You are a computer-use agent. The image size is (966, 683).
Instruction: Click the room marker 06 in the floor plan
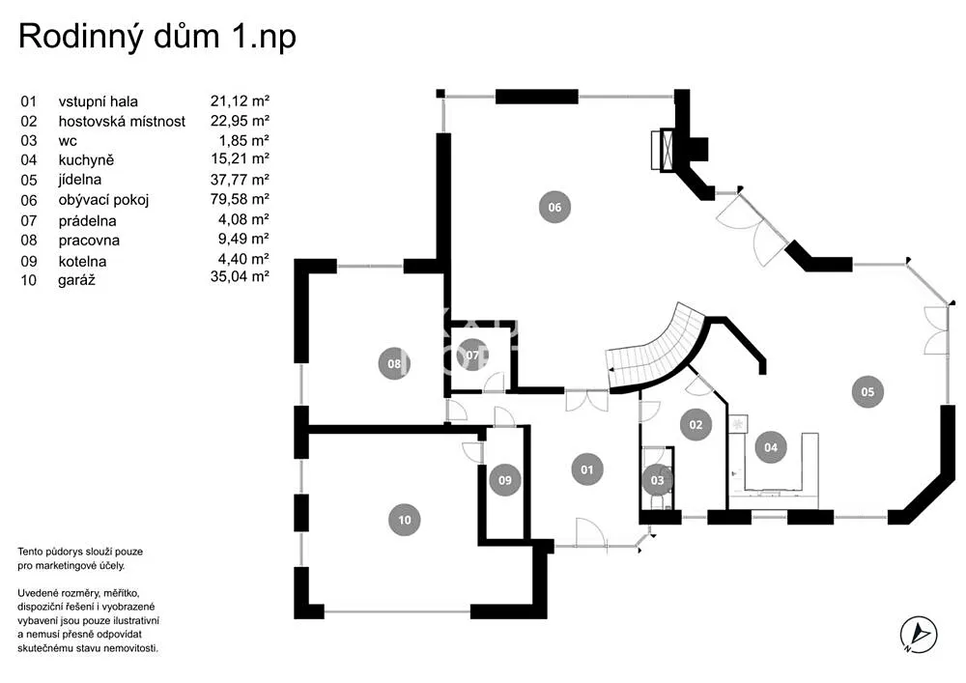point(554,207)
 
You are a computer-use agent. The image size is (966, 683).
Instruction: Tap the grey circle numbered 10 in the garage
point(404,520)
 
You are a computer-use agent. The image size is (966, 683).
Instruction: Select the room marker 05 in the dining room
point(867,391)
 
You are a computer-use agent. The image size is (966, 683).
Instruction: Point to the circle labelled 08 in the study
point(394,363)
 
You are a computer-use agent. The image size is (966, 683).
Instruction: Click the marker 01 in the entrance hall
point(586,470)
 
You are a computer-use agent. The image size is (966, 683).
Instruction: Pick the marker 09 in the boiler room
point(504,480)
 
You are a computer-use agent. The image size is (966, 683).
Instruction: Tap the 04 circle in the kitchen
point(771,447)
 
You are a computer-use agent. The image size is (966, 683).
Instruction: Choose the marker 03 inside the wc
point(657,480)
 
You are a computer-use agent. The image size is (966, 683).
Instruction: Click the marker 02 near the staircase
point(696,424)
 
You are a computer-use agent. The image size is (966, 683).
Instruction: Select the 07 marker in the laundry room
point(472,356)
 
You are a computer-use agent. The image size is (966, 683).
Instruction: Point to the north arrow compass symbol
point(919,635)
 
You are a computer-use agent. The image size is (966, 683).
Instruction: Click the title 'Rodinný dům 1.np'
point(157,36)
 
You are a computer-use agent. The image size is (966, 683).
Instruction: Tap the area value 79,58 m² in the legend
point(240,199)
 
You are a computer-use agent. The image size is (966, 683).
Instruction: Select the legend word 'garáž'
point(76,281)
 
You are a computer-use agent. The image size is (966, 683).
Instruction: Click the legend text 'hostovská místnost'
point(122,122)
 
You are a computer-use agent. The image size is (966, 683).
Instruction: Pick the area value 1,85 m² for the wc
point(244,140)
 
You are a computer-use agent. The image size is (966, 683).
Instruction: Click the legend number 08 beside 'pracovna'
point(29,241)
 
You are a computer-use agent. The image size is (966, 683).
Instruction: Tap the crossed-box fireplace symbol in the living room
point(667,149)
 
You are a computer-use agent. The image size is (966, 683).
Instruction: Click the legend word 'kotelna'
point(82,261)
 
